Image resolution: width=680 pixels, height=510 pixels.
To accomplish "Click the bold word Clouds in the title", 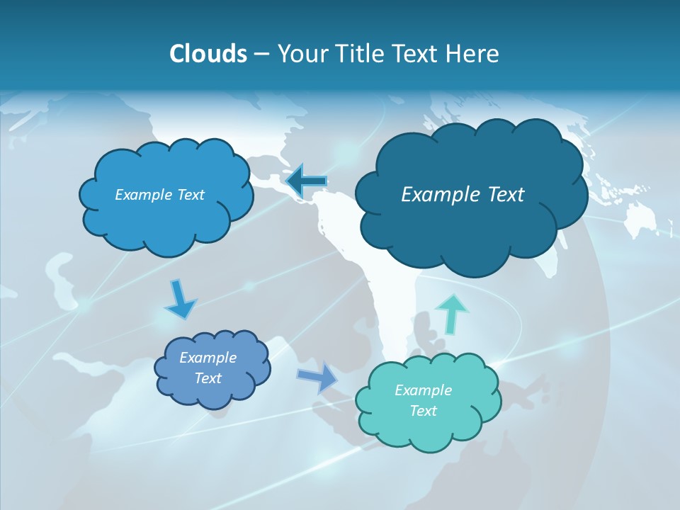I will (x=208, y=54).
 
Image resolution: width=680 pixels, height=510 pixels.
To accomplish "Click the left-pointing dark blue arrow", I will (x=306, y=181).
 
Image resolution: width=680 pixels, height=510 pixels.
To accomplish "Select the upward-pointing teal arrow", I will (x=451, y=313).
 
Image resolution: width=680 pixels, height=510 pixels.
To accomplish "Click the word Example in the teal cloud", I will (x=423, y=390).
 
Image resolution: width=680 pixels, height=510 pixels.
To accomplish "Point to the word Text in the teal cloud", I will (x=423, y=411).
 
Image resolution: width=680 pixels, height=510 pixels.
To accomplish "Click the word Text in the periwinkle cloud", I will (x=208, y=378).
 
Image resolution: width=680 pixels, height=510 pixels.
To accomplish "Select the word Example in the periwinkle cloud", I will (x=208, y=358).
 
